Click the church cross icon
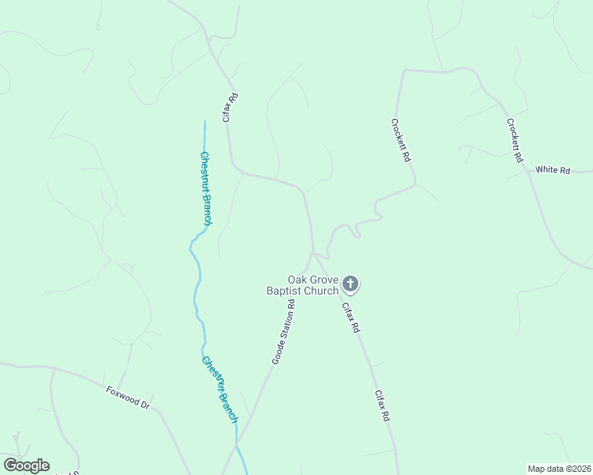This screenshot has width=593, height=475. tap(351, 283)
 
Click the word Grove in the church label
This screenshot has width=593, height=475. tap(324, 279)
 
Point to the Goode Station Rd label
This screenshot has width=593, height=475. tap(283, 332)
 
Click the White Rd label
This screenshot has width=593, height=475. tap(553, 169)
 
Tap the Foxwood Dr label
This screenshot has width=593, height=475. tap(128, 397)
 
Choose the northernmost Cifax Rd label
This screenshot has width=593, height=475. tap(230, 108)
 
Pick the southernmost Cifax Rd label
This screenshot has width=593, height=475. tap(382, 405)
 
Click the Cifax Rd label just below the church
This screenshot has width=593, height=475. tap(351, 317)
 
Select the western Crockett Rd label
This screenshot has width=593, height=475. tap(401, 141)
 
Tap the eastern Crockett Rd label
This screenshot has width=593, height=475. tap(515, 141)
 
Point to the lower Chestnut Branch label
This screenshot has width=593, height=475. tap(219, 389)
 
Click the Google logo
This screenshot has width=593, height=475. tap(26, 465)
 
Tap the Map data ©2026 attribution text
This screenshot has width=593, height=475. tap(559, 468)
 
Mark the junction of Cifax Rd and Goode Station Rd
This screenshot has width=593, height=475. tap(314, 253)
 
